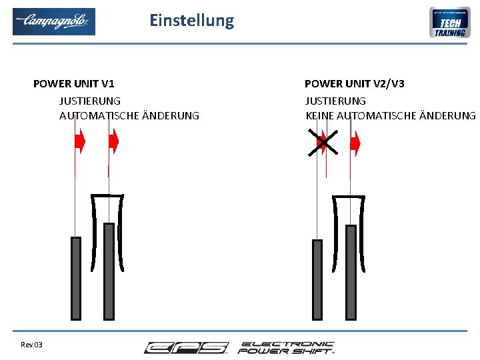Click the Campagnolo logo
[x=54, y=21]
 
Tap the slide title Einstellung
[x=192, y=21]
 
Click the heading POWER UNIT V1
[x=73, y=84]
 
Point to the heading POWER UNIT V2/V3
[x=354, y=84]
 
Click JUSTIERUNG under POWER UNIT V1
[x=90, y=101]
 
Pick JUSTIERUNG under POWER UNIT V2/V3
[x=335, y=101]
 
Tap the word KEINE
[x=319, y=116]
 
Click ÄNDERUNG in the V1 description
[x=171, y=116]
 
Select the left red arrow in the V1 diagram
[x=80, y=141]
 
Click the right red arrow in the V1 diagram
[x=113, y=141]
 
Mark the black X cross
[x=323, y=142]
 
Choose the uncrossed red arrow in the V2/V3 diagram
[x=355, y=143]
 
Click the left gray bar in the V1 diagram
[x=76, y=277]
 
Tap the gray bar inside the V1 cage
[x=109, y=271]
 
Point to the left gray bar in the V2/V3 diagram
[x=317, y=279]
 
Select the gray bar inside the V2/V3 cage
[x=350, y=272]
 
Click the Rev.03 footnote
[x=31, y=345]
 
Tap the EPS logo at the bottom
[x=186, y=348]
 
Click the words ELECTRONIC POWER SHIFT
[x=287, y=347]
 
